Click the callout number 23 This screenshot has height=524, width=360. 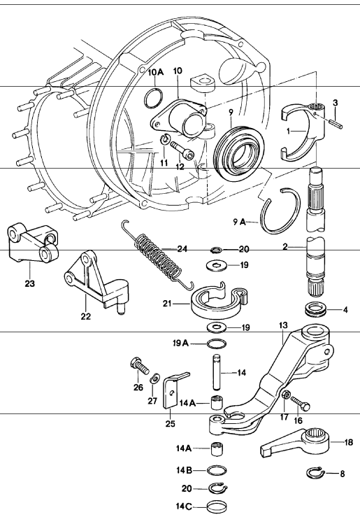tap(30, 284)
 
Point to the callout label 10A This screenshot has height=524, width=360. tap(155, 72)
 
